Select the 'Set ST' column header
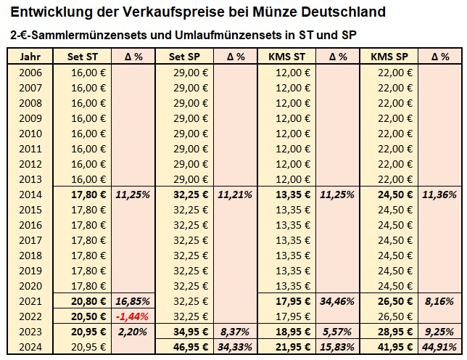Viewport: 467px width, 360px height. pyautogui.click(x=82, y=56)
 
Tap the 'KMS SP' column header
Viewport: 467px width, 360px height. pyautogui.click(x=389, y=56)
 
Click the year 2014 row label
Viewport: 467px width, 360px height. pyautogui.click(x=30, y=195)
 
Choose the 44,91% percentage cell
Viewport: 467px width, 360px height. pyautogui.click(x=439, y=347)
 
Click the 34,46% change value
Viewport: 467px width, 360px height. pyautogui.click(x=338, y=301)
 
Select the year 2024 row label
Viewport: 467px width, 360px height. pyautogui.click(x=30, y=347)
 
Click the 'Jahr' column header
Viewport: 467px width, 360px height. pyautogui.click(x=30, y=56)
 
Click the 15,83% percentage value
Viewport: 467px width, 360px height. pyautogui.click(x=338, y=347)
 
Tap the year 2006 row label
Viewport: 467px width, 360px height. pyautogui.click(x=30, y=73)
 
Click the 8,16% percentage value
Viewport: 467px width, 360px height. pyautogui.click(x=439, y=301)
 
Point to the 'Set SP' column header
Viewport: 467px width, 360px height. pyautogui.click(x=183, y=56)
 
